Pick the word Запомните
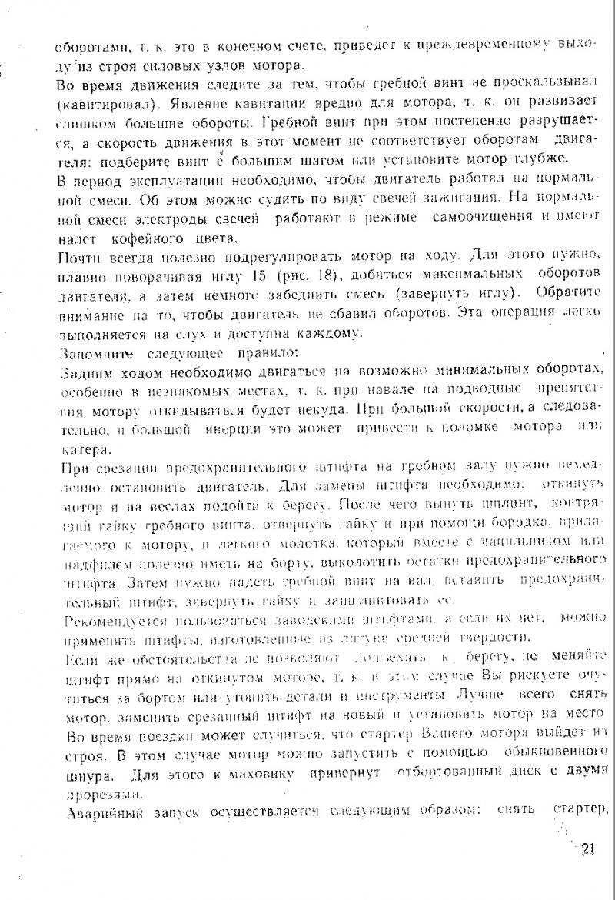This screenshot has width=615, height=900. click(88, 354)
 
